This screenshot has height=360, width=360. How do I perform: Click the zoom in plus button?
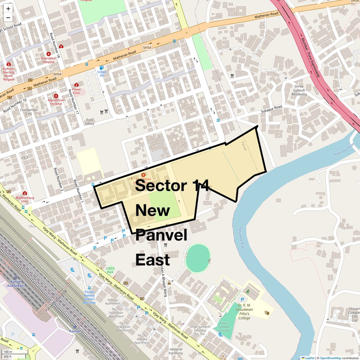tap(8, 9)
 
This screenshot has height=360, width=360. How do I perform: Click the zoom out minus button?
tap(8, 18)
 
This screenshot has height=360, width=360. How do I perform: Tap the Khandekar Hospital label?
tap(49, 60)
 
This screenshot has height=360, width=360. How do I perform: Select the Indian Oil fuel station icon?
tap(101, 68)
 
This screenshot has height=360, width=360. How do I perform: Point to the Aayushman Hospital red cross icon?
tap(56, 96)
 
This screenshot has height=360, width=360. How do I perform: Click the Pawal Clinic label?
tap(76, 91)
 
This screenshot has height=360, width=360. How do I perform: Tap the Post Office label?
tap(90, 122)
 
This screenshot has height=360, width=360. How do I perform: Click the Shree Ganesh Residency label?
tap(299, 90)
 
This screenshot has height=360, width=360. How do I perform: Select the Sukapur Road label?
tap(271, 109)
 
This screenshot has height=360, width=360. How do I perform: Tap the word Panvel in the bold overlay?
tap(161, 235)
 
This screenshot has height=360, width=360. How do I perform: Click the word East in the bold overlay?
tap(153, 260)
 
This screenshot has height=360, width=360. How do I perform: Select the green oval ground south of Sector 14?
tap(198, 258)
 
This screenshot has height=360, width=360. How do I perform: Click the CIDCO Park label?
tap(110, 270)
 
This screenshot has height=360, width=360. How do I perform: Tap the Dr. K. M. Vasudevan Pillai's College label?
tap(244, 312)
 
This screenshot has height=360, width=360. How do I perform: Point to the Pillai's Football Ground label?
tap(224, 327)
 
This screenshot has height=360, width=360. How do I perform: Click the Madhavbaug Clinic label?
tap(25, 199)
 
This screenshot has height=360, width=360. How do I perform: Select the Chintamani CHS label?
tap(29, 112)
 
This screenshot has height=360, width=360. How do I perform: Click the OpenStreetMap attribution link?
tap(330, 358)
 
